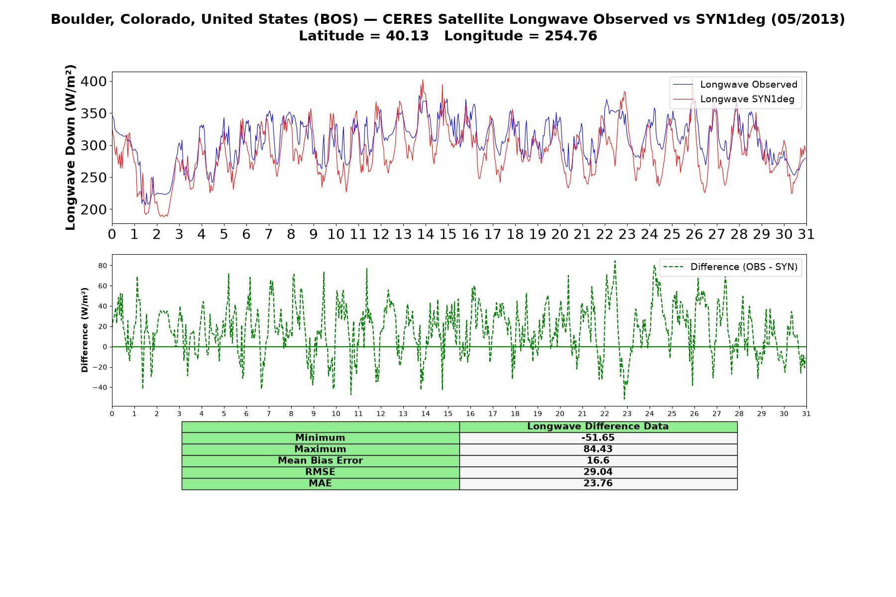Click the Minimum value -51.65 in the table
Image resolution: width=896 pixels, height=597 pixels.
pos(598,438)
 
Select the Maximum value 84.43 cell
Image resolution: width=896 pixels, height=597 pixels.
pos(598,449)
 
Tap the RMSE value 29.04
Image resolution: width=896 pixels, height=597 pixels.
pos(598,472)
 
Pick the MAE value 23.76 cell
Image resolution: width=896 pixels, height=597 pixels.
pos(598,484)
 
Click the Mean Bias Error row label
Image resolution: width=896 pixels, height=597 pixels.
pos(320,461)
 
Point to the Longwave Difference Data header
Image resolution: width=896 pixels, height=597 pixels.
pos(598,426)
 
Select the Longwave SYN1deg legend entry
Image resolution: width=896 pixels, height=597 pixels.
pos(734,99)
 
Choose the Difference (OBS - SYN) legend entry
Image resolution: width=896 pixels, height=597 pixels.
pos(730,267)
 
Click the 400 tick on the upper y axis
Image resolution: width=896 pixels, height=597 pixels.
pos(94,81)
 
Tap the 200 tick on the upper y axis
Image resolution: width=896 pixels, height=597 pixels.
pos(94,209)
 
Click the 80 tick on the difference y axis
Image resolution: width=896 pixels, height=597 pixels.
pos(103,266)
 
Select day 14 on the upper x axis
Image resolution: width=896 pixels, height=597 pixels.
pos(425,234)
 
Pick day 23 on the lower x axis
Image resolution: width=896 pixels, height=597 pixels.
pos(627,413)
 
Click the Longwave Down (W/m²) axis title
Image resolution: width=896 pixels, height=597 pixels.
pos(70,147)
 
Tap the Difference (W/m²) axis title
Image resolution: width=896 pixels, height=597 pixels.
pos(85,330)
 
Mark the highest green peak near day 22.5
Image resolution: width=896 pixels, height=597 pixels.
pos(615,261)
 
